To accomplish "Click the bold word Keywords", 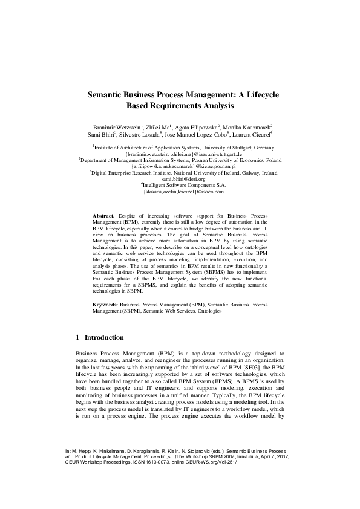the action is [106, 305].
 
